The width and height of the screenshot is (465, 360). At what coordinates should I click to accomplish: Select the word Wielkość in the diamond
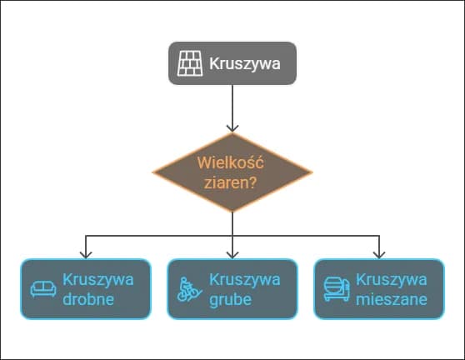click(232, 164)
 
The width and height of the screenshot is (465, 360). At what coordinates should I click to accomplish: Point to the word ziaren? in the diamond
click(232, 183)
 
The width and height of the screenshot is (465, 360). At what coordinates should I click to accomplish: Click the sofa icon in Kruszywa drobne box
click(42, 289)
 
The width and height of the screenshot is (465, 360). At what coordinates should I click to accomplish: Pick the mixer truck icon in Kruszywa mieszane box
click(335, 289)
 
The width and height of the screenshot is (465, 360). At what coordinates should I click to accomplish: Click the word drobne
click(88, 299)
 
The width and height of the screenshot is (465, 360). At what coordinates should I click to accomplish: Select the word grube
click(230, 299)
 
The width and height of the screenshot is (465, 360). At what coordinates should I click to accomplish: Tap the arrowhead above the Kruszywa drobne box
click(86, 252)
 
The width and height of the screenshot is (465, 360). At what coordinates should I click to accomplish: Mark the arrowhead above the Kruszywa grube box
click(232, 252)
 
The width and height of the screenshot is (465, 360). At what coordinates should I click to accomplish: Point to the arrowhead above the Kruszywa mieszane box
click(379, 252)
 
